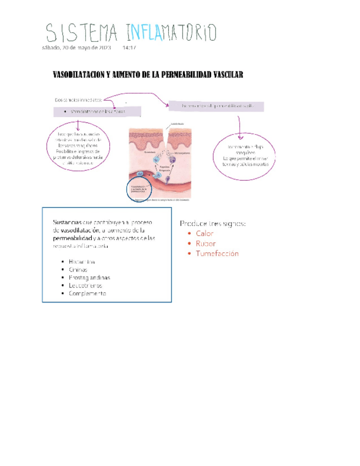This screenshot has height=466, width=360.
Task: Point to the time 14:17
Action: point(129,48)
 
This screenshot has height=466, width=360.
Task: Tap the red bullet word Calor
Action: point(204,234)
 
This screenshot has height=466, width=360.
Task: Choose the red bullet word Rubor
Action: point(206,243)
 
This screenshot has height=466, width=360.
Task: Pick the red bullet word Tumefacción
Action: point(217,253)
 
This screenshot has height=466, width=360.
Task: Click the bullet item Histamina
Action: point(82,262)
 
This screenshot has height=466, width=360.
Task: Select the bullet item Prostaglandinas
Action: point(89,278)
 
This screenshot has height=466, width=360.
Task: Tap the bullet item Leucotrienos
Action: point(86,286)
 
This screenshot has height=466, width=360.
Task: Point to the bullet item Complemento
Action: point(87,294)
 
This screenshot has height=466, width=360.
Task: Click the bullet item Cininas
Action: point(78,270)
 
